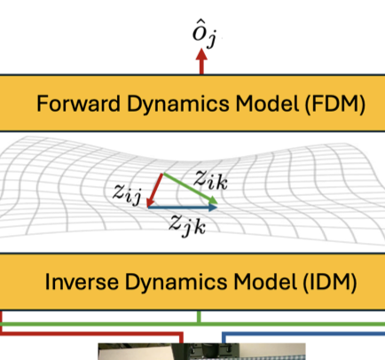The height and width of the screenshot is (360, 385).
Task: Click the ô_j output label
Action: [205, 37]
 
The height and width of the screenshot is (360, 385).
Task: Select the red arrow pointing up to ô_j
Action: [201, 61]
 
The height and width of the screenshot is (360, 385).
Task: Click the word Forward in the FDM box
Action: [78, 104]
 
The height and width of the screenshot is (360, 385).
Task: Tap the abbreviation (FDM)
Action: [334, 104]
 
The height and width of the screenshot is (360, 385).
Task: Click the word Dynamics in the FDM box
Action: [178, 105]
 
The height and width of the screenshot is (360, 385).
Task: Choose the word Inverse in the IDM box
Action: [82, 282]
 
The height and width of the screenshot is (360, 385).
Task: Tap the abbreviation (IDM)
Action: [330, 282]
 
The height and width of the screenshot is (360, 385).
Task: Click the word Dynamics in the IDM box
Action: [177, 283]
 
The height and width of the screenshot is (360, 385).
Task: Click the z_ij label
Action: [127, 193]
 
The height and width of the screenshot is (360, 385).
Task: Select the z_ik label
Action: [211, 181]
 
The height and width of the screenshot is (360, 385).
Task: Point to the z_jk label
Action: [187, 225]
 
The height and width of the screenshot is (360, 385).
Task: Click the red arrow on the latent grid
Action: [154, 190]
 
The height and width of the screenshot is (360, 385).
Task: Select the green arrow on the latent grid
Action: [191, 189]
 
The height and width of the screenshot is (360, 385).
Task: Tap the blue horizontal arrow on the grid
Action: [183, 207]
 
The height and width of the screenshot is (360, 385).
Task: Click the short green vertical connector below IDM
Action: [199, 317]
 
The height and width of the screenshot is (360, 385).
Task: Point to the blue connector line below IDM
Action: [303, 333]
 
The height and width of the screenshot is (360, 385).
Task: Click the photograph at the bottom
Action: [201, 351]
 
